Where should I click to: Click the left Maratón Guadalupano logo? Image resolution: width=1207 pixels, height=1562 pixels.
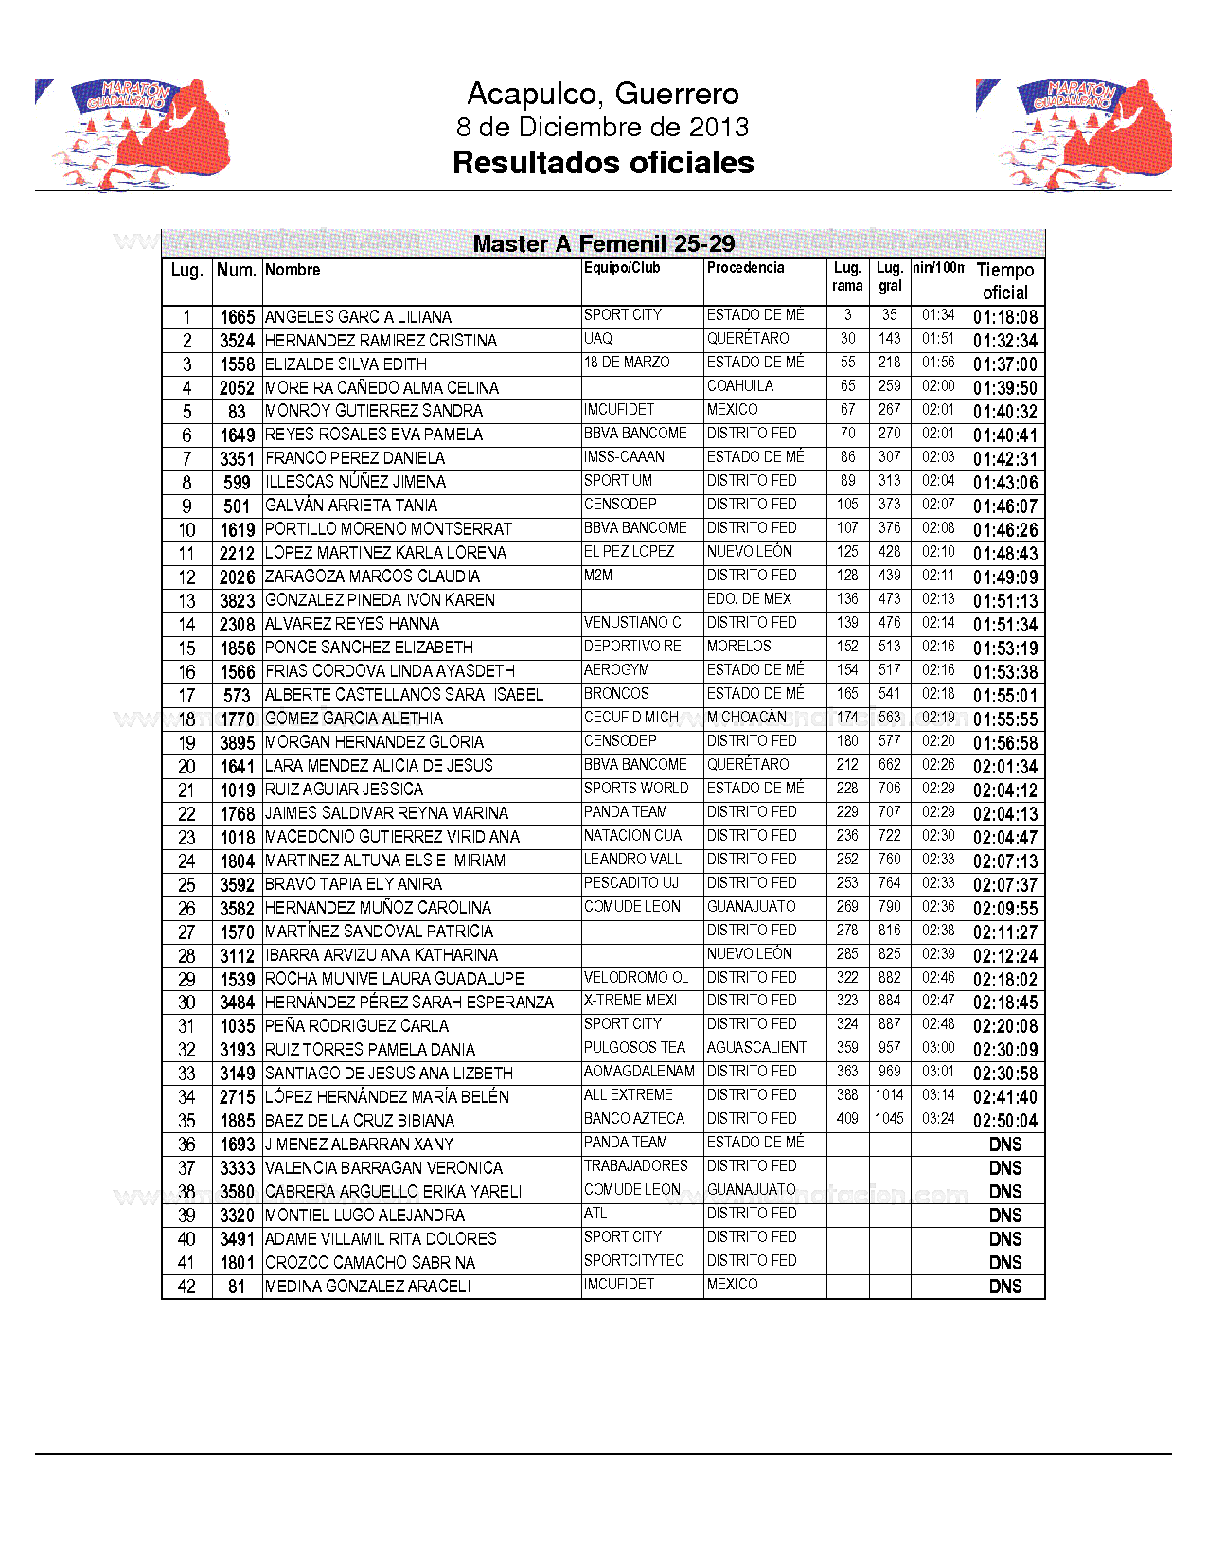coord(133,134)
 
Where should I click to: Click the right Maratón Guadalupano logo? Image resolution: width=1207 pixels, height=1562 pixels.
coord(1074,134)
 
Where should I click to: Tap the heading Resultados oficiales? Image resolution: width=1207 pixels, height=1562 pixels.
coord(603,163)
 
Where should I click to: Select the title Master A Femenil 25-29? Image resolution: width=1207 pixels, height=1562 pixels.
coord(603,244)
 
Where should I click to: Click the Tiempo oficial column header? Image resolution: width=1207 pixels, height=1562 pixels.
coord(1004,281)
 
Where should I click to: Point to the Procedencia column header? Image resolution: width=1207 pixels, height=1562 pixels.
coord(745,268)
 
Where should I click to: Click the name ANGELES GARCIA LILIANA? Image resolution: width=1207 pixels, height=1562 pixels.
coord(358,317)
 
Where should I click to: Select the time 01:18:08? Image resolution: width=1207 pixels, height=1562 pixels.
coord(1004,317)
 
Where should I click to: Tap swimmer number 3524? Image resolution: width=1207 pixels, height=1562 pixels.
coord(237,341)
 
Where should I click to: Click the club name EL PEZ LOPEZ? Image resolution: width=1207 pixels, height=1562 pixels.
coord(629,552)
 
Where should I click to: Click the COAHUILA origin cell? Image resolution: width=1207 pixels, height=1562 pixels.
coord(739,386)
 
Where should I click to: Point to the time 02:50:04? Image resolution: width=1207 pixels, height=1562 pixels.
coord(1004,1121)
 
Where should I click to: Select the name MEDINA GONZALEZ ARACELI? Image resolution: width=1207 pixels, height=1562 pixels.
coord(367,1287)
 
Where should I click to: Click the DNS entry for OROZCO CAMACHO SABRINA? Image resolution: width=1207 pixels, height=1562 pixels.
coord(1004,1263)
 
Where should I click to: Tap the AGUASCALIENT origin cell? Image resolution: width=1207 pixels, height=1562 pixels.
coord(756,1048)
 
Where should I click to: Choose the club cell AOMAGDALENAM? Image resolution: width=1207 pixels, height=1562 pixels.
coord(639,1072)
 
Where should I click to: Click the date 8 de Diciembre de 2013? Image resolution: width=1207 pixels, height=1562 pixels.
coord(603,127)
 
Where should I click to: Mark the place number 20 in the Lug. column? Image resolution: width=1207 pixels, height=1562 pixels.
coord(186,766)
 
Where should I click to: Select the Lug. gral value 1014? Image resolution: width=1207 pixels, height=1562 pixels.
coord(889,1095)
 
